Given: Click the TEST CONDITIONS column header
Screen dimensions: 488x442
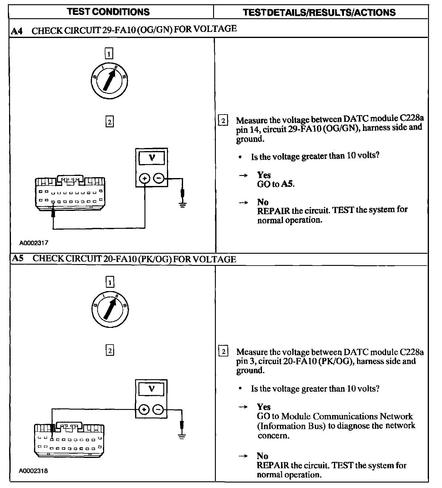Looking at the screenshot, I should point(108,12).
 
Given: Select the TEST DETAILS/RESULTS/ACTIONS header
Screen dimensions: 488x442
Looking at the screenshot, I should point(319,12).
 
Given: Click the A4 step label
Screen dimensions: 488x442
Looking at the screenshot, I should point(17,31).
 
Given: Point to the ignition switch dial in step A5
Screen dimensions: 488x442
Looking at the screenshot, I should point(110,309).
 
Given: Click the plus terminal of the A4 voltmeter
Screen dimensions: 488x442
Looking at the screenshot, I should point(144,178).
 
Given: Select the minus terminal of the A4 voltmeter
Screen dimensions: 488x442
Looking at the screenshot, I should point(158,178).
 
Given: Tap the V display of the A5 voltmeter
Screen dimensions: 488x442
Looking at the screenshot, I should point(151,389).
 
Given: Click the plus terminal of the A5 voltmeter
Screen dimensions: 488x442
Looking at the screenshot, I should point(144,410).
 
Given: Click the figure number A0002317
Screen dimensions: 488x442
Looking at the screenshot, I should point(34,243).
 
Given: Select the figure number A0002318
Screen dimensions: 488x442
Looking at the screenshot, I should point(33,471).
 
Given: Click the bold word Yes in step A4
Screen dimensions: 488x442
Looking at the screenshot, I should point(264,175).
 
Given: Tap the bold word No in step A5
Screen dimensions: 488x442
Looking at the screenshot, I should point(263,456).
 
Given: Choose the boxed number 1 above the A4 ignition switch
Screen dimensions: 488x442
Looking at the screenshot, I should point(109,54).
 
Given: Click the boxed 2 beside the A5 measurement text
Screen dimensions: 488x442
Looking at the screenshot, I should point(223,352).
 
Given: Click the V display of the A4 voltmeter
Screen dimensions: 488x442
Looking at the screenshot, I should point(152,158).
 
